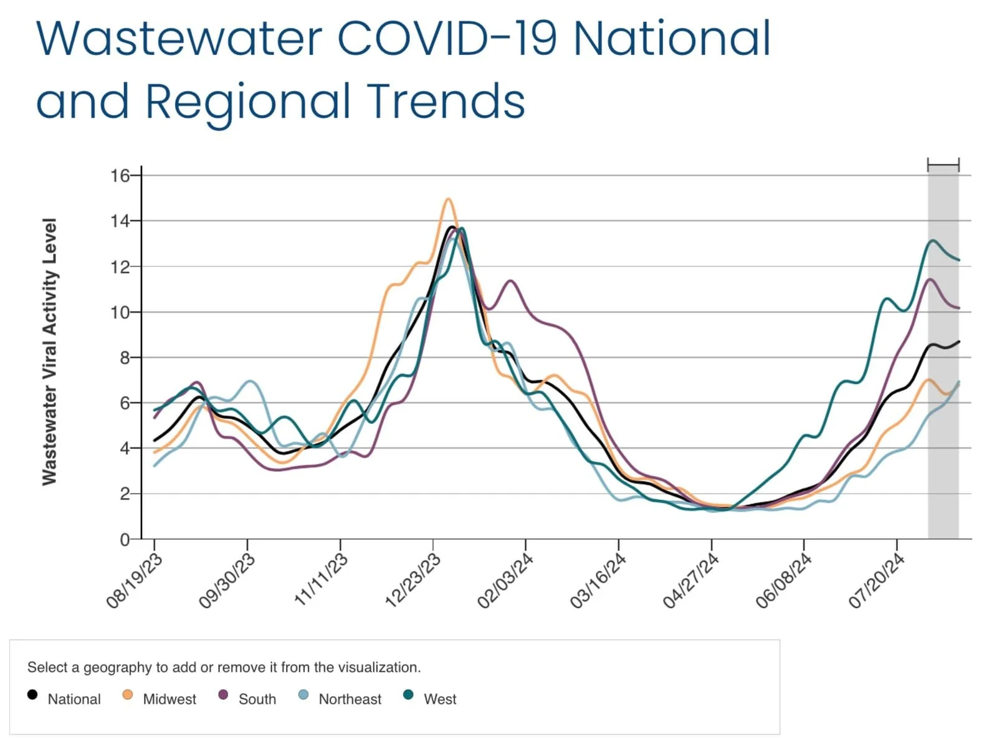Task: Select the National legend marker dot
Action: (x=32, y=694)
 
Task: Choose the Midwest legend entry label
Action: (x=169, y=699)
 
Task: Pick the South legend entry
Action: (x=257, y=699)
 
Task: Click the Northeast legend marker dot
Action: (x=303, y=694)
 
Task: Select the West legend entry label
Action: (x=440, y=699)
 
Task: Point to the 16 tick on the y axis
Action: (x=120, y=176)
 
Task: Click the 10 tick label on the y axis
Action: (x=120, y=312)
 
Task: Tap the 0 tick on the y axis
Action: (x=125, y=540)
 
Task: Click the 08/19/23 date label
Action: (x=134, y=581)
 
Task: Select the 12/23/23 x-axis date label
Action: (x=413, y=581)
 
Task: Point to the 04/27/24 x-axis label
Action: (x=690, y=581)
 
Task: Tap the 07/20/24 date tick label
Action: (x=876, y=581)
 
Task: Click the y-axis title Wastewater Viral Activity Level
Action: (x=49, y=351)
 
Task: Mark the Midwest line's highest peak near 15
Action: (x=448, y=199)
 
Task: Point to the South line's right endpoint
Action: (x=958, y=308)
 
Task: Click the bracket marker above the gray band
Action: (x=943, y=165)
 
